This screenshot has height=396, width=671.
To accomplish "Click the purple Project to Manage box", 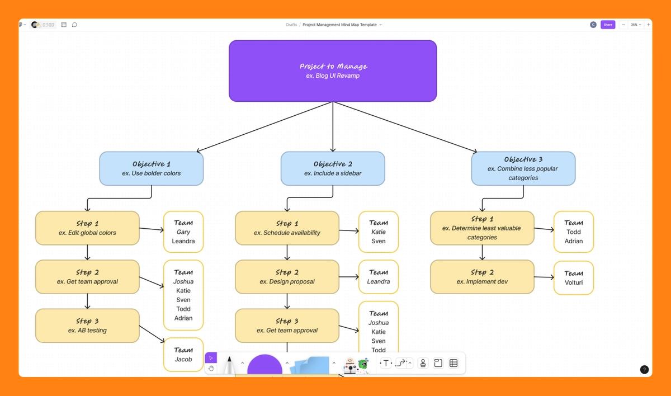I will pyautogui.click(x=333, y=71).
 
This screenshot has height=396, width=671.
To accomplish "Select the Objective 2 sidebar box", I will pyautogui.click(x=333, y=168).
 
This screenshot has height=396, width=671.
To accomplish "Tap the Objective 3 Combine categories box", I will pyautogui.click(x=523, y=168).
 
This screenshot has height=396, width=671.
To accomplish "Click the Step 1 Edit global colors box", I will pyautogui.click(x=87, y=228).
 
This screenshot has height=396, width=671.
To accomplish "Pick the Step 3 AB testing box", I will pyautogui.click(x=87, y=326).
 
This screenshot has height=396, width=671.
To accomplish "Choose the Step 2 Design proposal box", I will pyautogui.click(x=287, y=277).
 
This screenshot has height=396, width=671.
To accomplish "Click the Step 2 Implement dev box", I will pyautogui.click(x=482, y=277).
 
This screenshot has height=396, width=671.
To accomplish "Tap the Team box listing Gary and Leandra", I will pyautogui.click(x=183, y=232).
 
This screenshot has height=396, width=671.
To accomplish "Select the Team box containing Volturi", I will pyautogui.click(x=573, y=278).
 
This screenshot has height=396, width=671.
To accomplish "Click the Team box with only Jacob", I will pyautogui.click(x=183, y=355).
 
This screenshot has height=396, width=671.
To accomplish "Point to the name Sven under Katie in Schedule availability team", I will pyautogui.click(x=379, y=242).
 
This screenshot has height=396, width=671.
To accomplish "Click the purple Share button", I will pyautogui.click(x=608, y=25).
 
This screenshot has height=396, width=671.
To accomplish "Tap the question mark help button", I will pyautogui.click(x=644, y=369).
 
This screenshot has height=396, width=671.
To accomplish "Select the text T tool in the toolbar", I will pyautogui.click(x=385, y=363).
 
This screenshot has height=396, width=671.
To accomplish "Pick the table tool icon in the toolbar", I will pyautogui.click(x=453, y=363).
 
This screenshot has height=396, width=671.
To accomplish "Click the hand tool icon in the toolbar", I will pyautogui.click(x=211, y=369).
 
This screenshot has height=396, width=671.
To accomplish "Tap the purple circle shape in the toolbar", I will pyautogui.click(x=264, y=366).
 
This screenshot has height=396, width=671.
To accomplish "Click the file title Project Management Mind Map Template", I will pyautogui.click(x=339, y=25).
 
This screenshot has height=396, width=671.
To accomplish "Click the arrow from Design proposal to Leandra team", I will pyautogui.click(x=348, y=277).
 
